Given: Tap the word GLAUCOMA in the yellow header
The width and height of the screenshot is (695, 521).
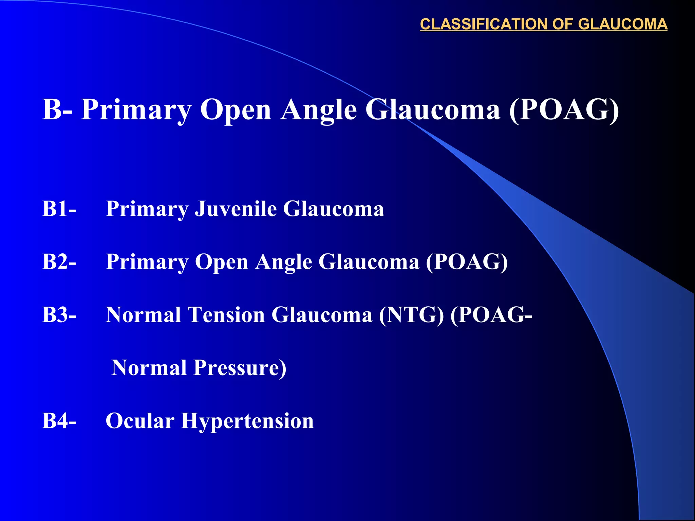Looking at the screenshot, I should click(622, 24).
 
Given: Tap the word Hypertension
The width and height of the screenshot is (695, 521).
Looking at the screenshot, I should click(247, 421).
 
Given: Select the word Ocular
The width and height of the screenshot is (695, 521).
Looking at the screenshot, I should click(140, 421).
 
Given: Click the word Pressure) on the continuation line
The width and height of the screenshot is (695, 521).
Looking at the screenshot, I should click(240, 368).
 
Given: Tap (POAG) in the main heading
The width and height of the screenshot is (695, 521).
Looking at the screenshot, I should click(564, 110).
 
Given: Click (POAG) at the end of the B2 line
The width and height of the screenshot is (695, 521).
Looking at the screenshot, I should click(467, 262).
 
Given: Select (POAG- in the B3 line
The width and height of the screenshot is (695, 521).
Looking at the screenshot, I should click(491, 315).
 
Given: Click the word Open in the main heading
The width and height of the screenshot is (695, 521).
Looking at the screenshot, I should click(236, 110).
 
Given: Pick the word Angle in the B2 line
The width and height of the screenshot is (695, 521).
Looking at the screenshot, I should click(283, 262).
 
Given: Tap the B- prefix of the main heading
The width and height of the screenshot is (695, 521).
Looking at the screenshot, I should click(57, 110).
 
